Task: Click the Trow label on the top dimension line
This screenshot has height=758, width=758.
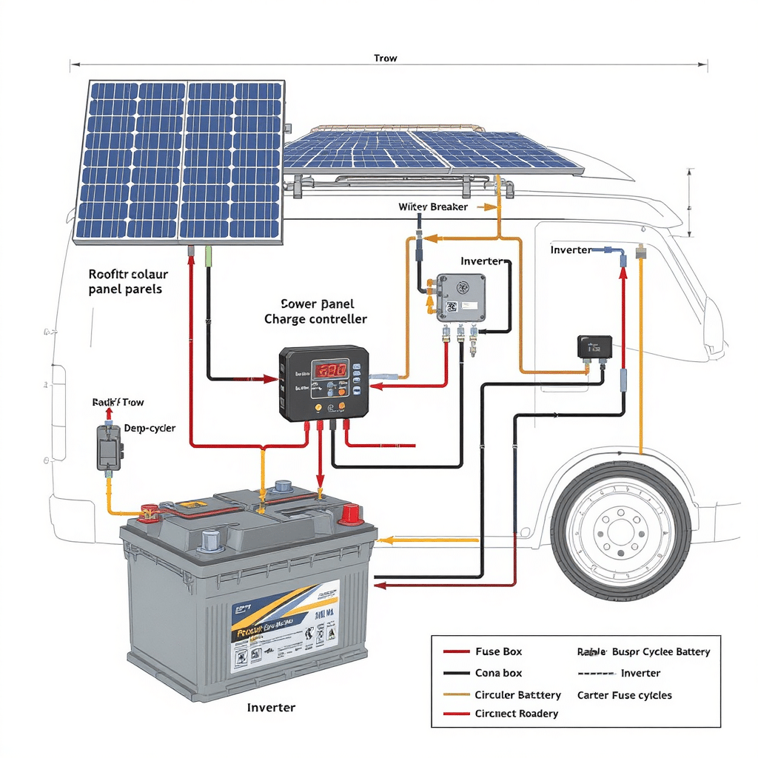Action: point(385,58)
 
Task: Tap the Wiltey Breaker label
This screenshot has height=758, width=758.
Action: point(433,207)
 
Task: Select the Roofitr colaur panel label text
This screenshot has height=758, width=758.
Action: point(125,281)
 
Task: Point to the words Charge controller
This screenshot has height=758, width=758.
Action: point(315,320)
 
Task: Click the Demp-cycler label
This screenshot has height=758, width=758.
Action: point(150,428)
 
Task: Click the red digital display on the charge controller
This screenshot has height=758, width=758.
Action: point(329,369)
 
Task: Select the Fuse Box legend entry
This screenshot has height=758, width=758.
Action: point(498,651)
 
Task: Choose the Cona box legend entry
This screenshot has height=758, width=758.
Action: point(498,673)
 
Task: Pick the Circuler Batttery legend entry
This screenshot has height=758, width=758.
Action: point(517,695)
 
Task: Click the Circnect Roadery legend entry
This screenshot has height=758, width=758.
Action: point(516,714)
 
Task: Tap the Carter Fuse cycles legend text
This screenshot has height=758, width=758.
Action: point(624,695)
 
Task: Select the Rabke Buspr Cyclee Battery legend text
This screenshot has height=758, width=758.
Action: point(643,652)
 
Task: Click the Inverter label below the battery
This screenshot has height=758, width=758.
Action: point(271,708)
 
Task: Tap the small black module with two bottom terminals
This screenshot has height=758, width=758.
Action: point(594,346)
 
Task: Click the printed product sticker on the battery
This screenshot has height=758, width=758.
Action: point(285,625)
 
